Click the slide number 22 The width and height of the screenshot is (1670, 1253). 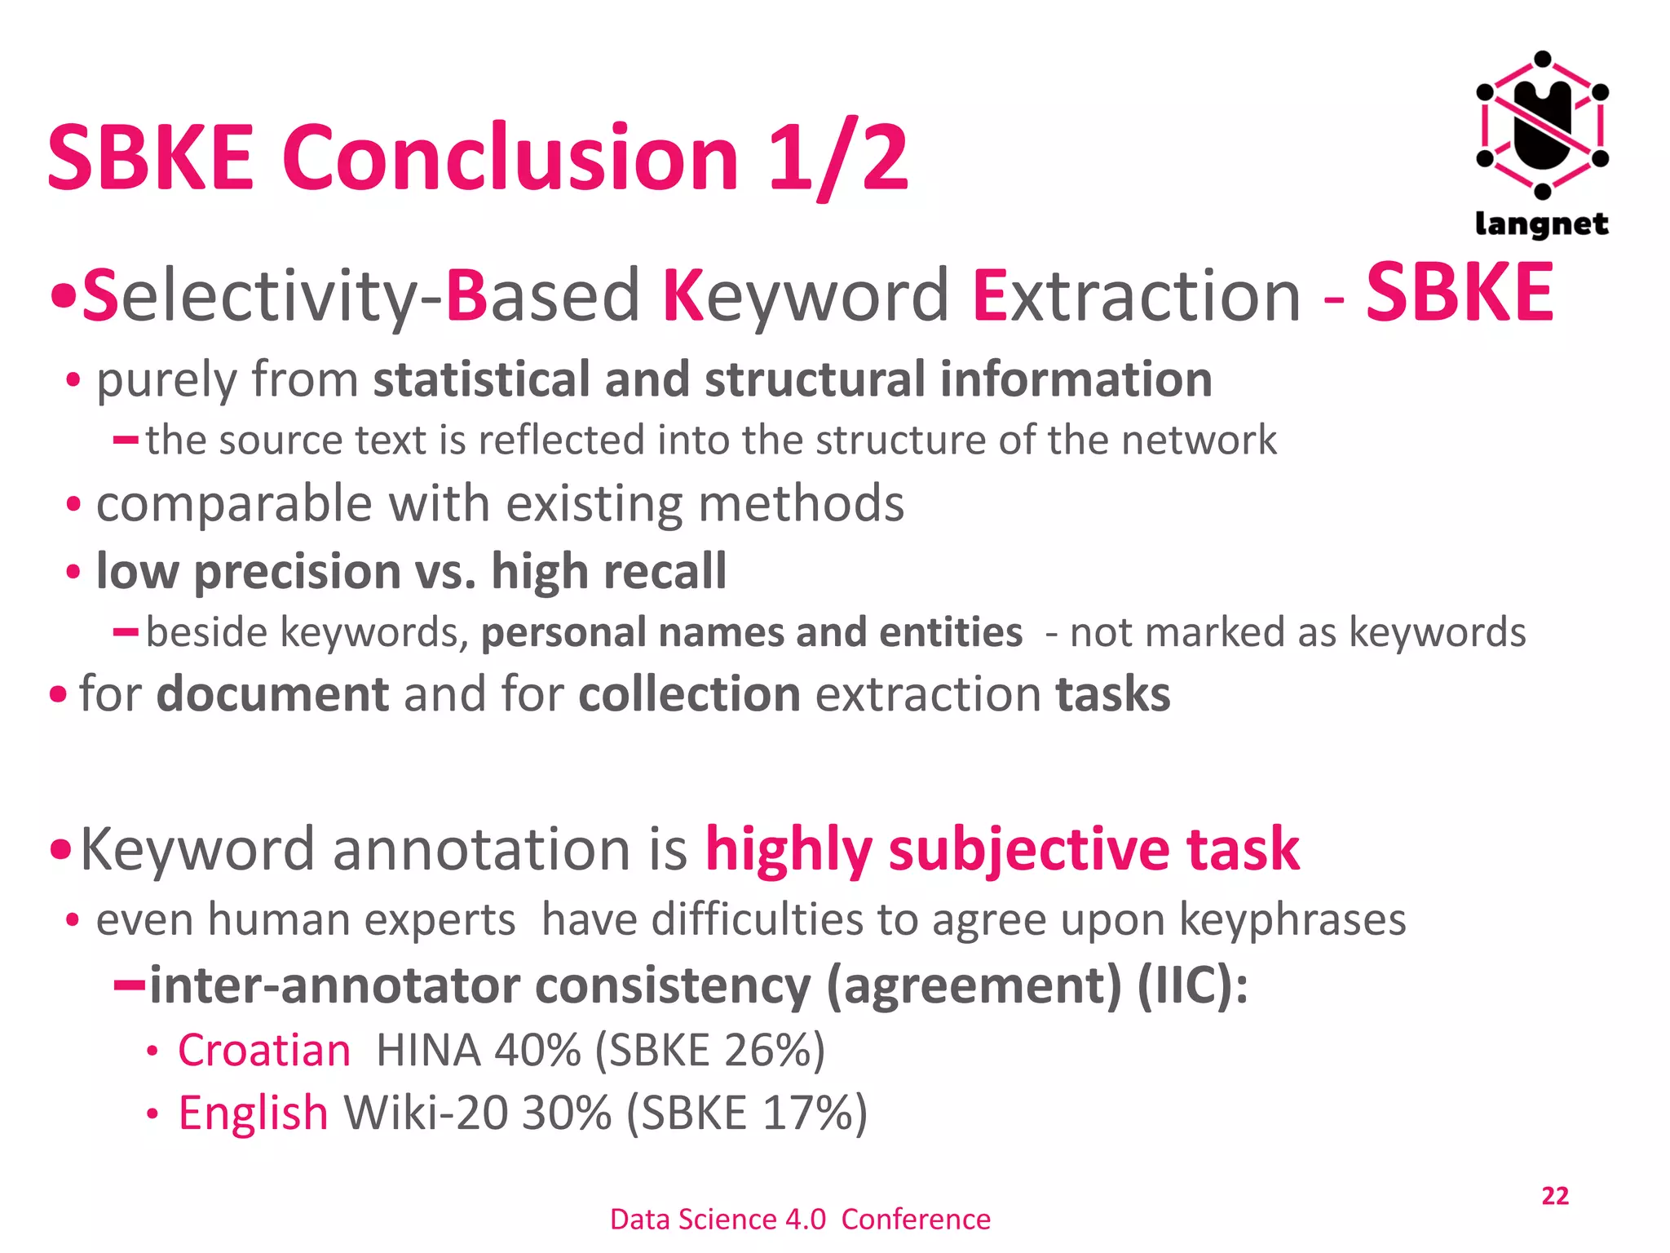pyautogui.click(x=1554, y=1196)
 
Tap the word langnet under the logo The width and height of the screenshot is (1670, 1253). pyautogui.click(x=1541, y=224)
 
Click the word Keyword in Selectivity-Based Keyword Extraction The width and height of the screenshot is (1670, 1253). pyautogui.click(x=806, y=295)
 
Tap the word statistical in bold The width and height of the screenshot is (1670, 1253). pyautogui.click(x=481, y=379)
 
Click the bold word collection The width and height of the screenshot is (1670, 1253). pyautogui.click(x=690, y=694)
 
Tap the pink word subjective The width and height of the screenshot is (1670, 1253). pyautogui.click(x=1027, y=849)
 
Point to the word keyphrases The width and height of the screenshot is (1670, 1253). pyautogui.click(x=1292, y=920)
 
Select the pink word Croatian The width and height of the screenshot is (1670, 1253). pyautogui.click(x=264, y=1050)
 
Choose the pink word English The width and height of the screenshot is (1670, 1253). pyautogui.click(x=253, y=1113)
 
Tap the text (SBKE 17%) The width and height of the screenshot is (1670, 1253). pyautogui.click(x=747, y=1113)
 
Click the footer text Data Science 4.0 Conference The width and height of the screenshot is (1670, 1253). pyautogui.click(x=800, y=1219)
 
